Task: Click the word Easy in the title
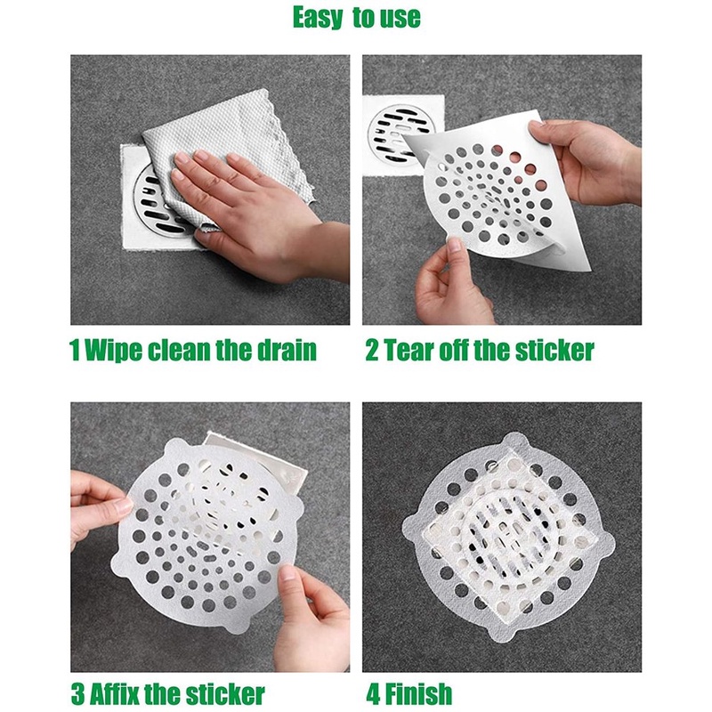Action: click(318, 18)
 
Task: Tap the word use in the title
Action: click(400, 18)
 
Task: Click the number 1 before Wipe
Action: click(75, 350)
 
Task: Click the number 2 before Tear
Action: click(371, 350)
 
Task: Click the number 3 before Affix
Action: click(77, 694)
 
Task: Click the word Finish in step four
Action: click(417, 693)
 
